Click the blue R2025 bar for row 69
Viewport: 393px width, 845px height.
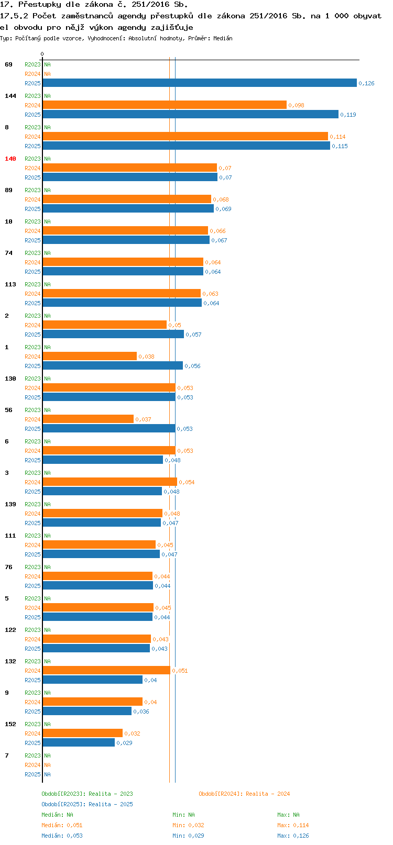coord(199,83)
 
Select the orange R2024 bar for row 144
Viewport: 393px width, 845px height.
coord(165,105)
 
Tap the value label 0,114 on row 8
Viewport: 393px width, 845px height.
coord(337,137)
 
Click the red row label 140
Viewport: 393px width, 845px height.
coord(10,159)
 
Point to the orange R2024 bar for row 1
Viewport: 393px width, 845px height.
coord(90,357)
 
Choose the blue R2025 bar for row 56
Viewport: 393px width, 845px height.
coord(109,429)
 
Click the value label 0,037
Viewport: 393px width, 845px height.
coord(143,419)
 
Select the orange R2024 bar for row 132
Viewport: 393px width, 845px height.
coord(106,671)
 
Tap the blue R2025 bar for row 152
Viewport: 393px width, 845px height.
coord(79,743)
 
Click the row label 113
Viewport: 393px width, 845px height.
coord(10,284)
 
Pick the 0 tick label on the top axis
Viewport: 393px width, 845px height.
coord(42,54)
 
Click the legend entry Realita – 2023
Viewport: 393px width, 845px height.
coord(87,794)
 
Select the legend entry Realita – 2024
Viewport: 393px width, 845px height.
coord(244,794)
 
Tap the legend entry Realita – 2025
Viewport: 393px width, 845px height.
coord(87,804)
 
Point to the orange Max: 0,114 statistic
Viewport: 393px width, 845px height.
coord(293,825)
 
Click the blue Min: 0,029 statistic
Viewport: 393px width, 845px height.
coord(188,836)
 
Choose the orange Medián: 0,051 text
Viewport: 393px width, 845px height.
coord(62,825)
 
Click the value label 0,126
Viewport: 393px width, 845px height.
coord(366,83)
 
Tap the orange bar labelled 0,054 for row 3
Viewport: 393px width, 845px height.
coord(110,482)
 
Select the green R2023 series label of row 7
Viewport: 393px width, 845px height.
coord(32,755)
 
